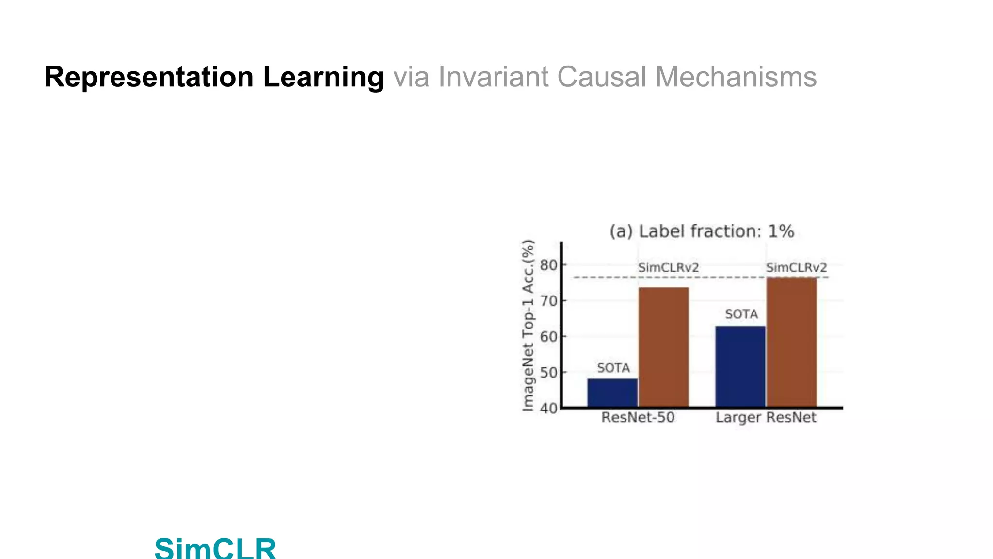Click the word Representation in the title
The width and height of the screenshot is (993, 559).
149,78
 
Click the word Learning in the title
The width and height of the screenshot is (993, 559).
323,78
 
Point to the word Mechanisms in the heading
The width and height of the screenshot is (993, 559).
736,78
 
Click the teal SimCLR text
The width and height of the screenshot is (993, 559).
215,547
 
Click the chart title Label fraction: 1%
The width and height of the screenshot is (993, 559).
702,231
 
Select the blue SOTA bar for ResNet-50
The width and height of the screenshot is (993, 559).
612,393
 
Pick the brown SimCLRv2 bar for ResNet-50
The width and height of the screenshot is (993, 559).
663,347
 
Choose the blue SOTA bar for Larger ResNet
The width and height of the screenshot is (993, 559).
740,366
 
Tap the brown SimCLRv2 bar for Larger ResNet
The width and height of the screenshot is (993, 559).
791,342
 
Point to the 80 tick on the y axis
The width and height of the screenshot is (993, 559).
549,265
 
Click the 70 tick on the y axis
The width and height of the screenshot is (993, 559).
549,301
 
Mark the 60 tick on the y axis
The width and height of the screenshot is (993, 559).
549,337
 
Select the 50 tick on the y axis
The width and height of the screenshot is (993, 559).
549,373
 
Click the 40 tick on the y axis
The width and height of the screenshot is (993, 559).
549,408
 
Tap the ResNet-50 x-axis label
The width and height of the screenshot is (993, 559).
638,418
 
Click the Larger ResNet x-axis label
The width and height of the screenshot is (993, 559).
766,418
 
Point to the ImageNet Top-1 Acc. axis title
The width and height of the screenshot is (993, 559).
528,325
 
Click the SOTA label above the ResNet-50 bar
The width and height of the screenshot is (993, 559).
613,368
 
